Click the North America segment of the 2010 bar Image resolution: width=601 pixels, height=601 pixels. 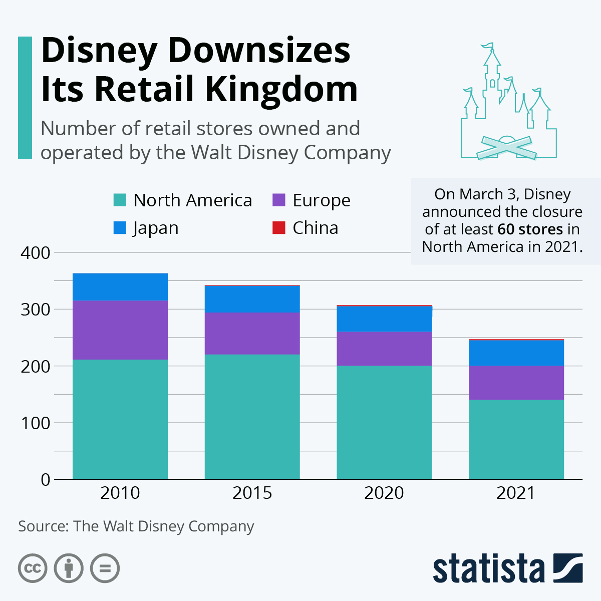120,419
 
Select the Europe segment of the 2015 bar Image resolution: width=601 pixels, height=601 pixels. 252,333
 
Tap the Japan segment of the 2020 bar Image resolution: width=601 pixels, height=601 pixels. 384,319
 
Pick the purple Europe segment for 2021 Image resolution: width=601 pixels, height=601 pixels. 516,383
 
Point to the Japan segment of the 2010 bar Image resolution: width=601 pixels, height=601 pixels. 120,286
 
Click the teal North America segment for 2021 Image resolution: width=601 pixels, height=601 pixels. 516,439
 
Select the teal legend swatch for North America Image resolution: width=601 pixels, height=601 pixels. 120,200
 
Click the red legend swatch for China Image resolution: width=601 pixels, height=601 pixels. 278,228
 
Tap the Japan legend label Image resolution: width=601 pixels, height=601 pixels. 156,228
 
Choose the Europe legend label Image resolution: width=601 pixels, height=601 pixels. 321,200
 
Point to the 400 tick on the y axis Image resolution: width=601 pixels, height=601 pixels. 36,253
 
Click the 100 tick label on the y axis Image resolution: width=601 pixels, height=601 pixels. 36,423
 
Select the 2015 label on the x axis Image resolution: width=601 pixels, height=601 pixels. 252,493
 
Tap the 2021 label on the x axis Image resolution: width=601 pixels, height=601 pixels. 516,493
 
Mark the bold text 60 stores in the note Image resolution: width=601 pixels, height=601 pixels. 530,229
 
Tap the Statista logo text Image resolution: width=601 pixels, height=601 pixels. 489,569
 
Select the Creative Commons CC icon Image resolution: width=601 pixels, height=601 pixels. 33,568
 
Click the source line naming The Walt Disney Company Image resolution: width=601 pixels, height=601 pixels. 136,526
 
